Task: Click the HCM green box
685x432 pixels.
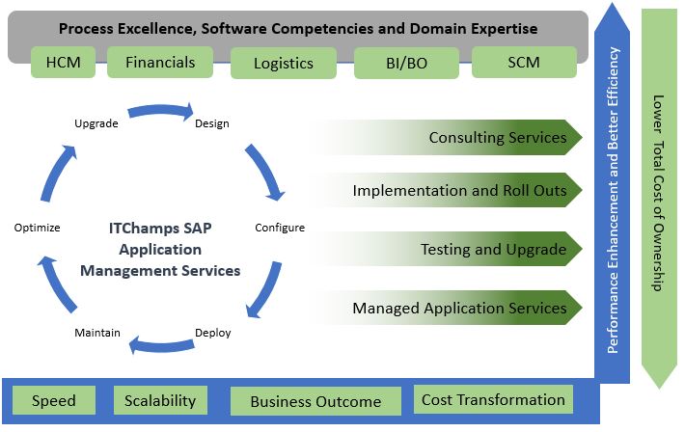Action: point(64,62)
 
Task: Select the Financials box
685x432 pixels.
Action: point(160,62)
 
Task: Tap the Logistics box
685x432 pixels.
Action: point(284,63)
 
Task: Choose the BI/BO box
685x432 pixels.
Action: point(407,63)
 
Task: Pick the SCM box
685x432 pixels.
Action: point(524,62)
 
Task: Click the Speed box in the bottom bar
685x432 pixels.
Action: point(54,400)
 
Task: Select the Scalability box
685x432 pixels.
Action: point(160,400)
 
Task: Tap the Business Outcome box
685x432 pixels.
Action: point(315,401)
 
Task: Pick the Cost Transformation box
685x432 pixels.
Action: point(493,399)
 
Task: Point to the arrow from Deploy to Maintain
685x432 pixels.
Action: point(161,346)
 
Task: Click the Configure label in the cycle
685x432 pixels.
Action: point(280,228)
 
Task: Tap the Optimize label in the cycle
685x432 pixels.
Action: point(37,228)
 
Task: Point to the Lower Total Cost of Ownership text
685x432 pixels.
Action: point(658,193)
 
